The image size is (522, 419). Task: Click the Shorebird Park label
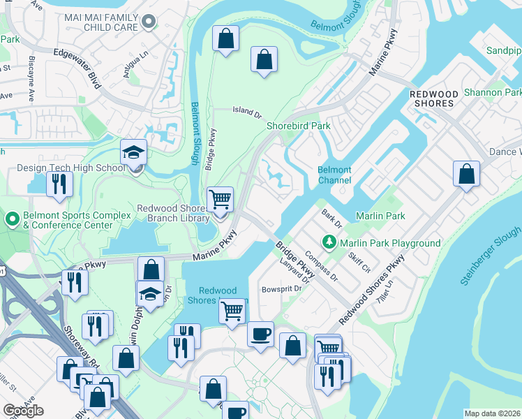pyautogui.click(x=298, y=126)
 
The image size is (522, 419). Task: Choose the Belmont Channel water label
pyautogui.click(x=334, y=175)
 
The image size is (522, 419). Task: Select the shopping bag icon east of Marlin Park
pyautogui.click(x=466, y=173)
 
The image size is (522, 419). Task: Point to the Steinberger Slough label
pyautogui.click(x=491, y=256)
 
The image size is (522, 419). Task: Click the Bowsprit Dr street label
pyautogui.click(x=281, y=288)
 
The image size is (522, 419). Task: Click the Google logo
pyautogui.click(x=23, y=411)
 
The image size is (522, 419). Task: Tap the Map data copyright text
pyautogui.click(x=492, y=413)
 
